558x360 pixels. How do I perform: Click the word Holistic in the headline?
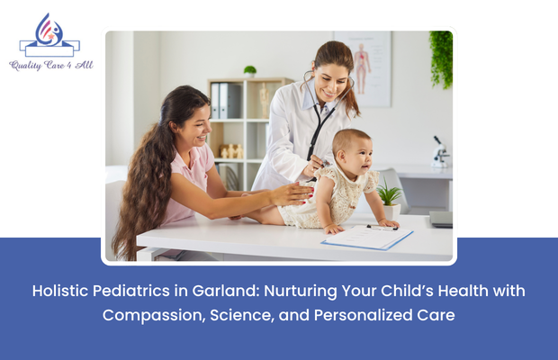[62, 292]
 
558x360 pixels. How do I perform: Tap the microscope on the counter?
[440, 152]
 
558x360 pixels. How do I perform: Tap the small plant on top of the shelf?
[250, 71]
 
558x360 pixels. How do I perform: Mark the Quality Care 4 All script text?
[50, 65]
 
